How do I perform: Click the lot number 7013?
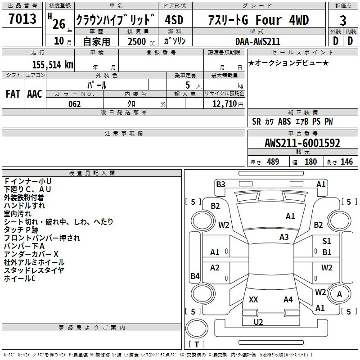(22, 18)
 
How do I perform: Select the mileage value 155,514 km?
(53, 64)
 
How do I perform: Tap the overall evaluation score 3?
(343, 20)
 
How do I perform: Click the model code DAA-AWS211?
(258, 41)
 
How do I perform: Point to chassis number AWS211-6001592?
(302, 143)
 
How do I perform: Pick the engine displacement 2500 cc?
(141, 41)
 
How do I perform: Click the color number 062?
(74, 104)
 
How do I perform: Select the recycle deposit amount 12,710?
(224, 103)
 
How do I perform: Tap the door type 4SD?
(174, 20)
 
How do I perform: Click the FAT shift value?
(13, 94)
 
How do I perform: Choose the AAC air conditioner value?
(35, 94)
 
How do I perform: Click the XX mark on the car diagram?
(253, 299)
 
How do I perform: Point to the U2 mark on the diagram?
(258, 322)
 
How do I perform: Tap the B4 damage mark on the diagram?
(195, 276)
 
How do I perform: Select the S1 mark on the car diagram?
(327, 241)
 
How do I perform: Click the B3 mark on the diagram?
(220, 184)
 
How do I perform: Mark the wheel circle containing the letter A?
(339, 294)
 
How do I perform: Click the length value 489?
(273, 162)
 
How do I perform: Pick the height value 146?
(346, 162)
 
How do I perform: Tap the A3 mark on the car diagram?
(284, 237)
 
